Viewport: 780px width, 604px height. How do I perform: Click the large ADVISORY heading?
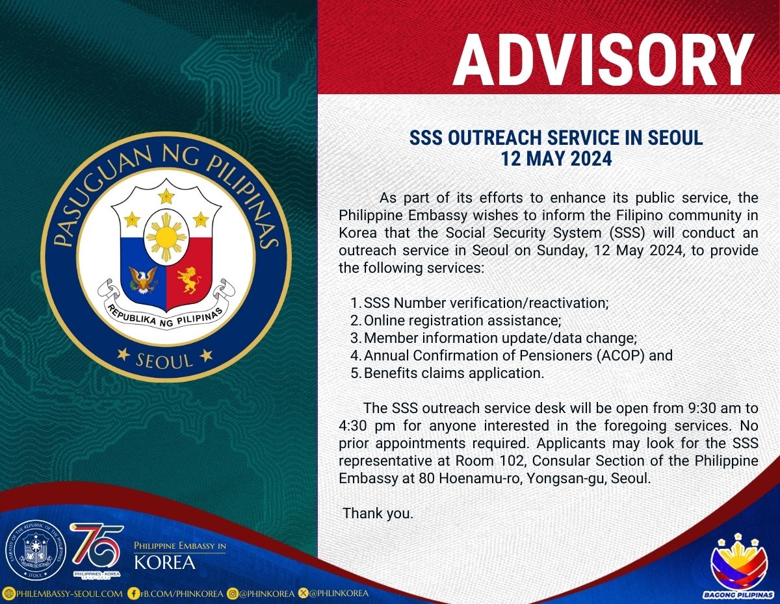click(x=604, y=60)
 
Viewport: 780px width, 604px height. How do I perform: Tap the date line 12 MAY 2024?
click(x=556, y=158)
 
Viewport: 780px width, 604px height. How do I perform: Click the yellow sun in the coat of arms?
click(x=166, y=236)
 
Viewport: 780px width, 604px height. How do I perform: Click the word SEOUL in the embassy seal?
click(x=164, y=361)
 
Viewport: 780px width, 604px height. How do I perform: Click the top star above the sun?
click(x=166, y=196)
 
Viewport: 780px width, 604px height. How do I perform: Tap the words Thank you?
click(x=378, y=513)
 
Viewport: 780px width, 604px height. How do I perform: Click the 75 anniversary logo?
click(x=97, y=551)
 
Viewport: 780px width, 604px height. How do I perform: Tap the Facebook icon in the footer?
click(x=133, y=594)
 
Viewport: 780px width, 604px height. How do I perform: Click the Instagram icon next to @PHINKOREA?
click(x=233, y=594)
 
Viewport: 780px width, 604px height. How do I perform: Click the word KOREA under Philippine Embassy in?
click(x=164, y=562)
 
